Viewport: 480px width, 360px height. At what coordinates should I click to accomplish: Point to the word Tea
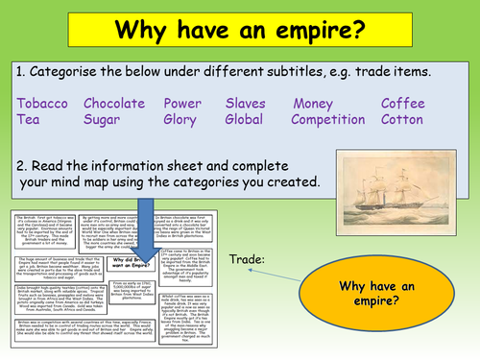coord(30,120)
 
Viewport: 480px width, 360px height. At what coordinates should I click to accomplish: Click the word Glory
coord(182,120)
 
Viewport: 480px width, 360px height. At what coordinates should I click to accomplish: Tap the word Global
coord(247,120)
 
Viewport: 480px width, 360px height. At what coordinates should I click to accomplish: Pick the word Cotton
coord(401,120)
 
